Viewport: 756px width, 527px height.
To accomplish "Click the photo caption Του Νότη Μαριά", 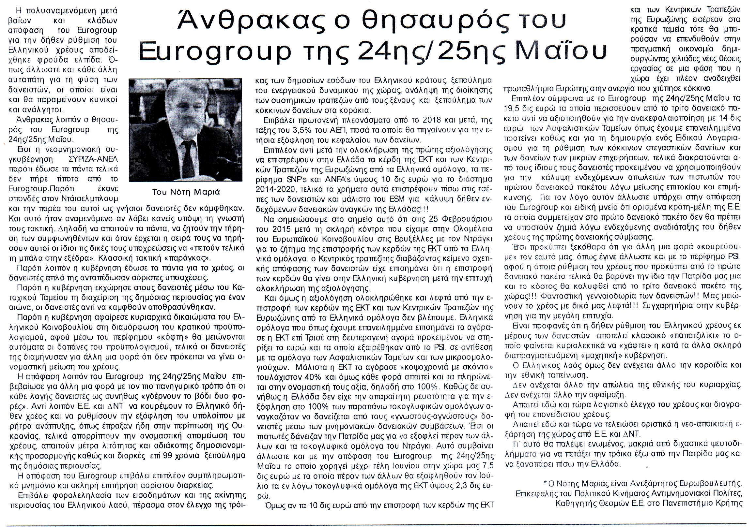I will tap(186, 192).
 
